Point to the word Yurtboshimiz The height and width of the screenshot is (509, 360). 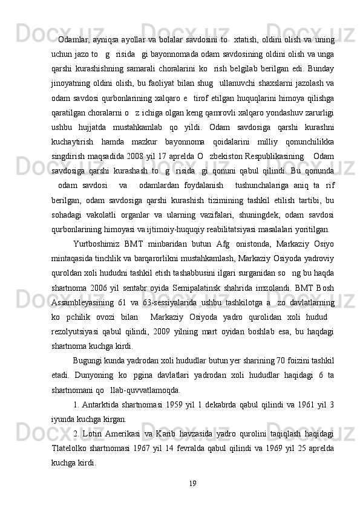tap(96, 244)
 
